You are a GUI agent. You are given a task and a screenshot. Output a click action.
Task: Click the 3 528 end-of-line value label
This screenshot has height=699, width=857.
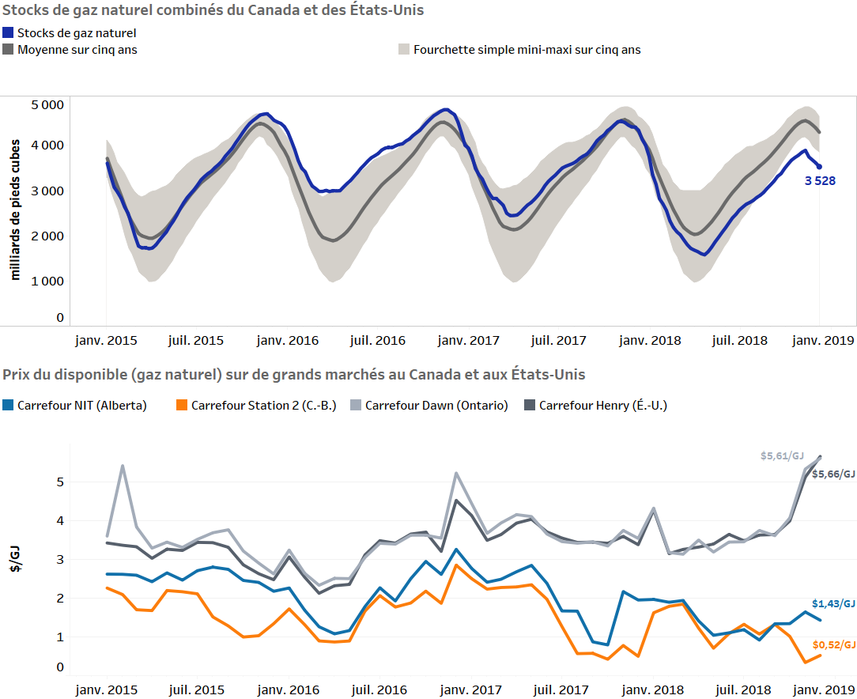coord(820,181)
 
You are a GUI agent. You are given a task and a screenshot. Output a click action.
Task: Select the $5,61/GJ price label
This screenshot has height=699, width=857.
coord(782,456)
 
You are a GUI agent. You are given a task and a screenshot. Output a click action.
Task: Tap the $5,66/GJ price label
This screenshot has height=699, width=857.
coord(834,474)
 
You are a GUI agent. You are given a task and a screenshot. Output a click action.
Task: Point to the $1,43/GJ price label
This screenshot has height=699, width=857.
coord(834,603)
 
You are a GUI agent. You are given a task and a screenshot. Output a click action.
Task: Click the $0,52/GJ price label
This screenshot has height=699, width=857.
coord(834,644)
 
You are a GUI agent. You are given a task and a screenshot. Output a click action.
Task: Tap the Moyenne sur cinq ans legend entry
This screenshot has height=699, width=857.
coord(77,49)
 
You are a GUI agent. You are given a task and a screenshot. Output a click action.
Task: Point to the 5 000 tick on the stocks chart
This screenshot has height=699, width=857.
coord(47,104)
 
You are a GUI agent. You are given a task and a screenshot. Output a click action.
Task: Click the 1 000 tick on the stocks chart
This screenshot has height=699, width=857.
coord(47,281)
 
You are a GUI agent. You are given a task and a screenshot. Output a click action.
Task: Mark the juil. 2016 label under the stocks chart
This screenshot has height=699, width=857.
coord(378,341)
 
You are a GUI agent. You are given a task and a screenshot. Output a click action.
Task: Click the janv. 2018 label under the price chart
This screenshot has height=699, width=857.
coord(650,690)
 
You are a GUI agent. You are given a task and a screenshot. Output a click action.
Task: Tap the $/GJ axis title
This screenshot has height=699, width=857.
coord(13,562)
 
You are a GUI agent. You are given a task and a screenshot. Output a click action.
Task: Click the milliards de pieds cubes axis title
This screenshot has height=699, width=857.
coord(15,210)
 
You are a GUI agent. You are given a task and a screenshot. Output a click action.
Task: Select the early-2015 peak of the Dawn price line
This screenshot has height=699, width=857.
coord(123,466)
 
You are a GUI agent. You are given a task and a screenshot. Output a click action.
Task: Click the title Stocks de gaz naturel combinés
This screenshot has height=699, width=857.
coord(213,10)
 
